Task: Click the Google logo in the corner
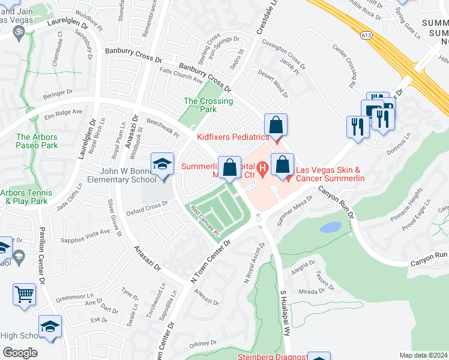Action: (x=20, y=353)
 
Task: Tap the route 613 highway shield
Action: (x=366, y=36)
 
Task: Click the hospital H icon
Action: (x=262, y=171)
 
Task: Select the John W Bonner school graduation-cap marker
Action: (x=162, y=164)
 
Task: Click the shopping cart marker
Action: (x=25, y=294)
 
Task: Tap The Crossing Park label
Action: (x=208, y=105)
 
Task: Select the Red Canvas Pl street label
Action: (x=206, y=220)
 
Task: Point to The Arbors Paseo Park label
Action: (x=37, y=141)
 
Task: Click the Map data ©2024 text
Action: (x=423, y=355)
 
